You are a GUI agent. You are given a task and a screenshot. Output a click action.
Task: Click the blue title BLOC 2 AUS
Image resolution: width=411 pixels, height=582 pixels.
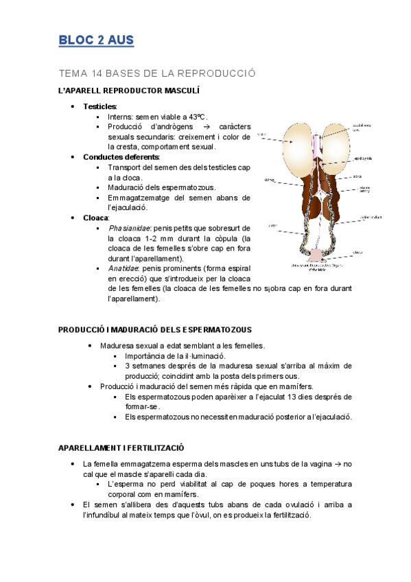(x=96, y=40)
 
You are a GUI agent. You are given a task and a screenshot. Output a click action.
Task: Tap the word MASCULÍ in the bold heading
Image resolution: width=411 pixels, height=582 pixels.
(x=180, y=91)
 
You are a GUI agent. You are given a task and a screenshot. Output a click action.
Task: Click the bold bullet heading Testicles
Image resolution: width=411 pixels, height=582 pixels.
(x=100, y=106)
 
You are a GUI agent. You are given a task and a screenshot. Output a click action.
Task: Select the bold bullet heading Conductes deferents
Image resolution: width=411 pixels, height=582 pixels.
(x=121, y=156)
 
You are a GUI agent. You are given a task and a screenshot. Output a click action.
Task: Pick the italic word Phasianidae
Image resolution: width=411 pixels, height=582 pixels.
(x=128, y=227)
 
